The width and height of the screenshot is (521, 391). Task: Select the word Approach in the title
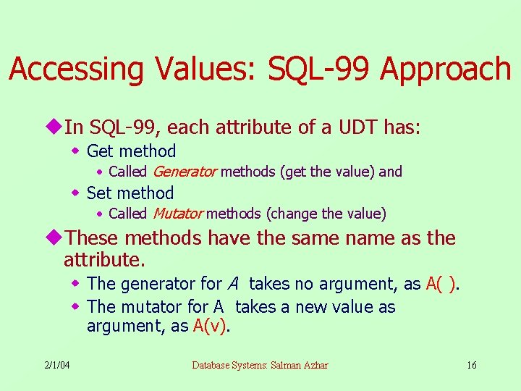[445, 70]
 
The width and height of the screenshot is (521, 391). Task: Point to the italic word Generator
[185, 172]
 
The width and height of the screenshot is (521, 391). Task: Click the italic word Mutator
[177, 214]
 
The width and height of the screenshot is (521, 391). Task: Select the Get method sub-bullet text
[131, 151]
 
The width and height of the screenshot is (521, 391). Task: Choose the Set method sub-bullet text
[130, 193]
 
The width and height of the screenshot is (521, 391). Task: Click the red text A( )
[441, 284]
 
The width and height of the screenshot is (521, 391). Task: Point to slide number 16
[471, 364]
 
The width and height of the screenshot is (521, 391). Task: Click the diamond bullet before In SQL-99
[56, 127]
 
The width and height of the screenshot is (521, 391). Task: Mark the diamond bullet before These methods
[56, 237]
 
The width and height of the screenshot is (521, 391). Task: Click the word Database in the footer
[213, 364]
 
